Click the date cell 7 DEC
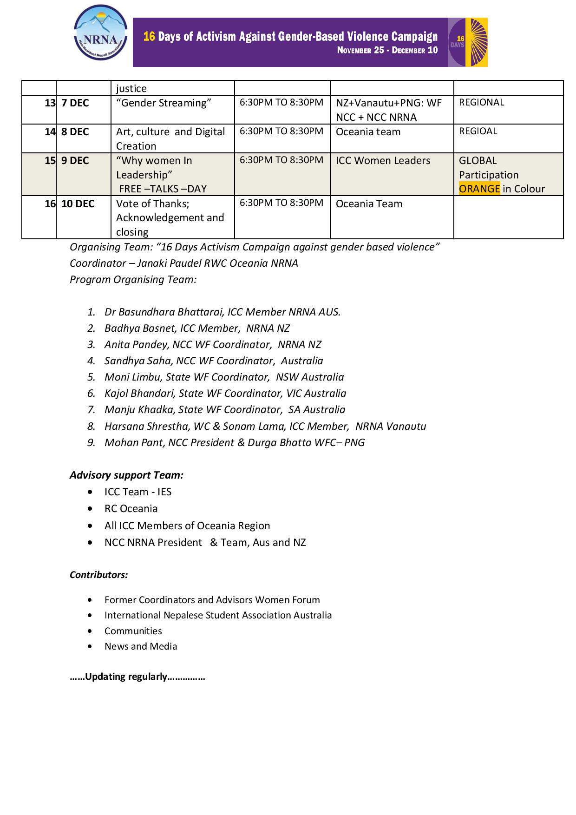[75, 103]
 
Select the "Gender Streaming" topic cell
[164, 103]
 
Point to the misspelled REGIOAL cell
[478, 131]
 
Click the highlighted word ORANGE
[479, 189]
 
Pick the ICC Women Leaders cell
[383, 161]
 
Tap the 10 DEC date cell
[78, 204]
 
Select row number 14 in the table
[50, 132]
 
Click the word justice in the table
[131, 89]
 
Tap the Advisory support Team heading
[126, 475]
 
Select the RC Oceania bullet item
[131, 509]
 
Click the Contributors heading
[98, 575]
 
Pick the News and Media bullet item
[141, 646]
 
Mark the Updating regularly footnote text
[137, 677]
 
